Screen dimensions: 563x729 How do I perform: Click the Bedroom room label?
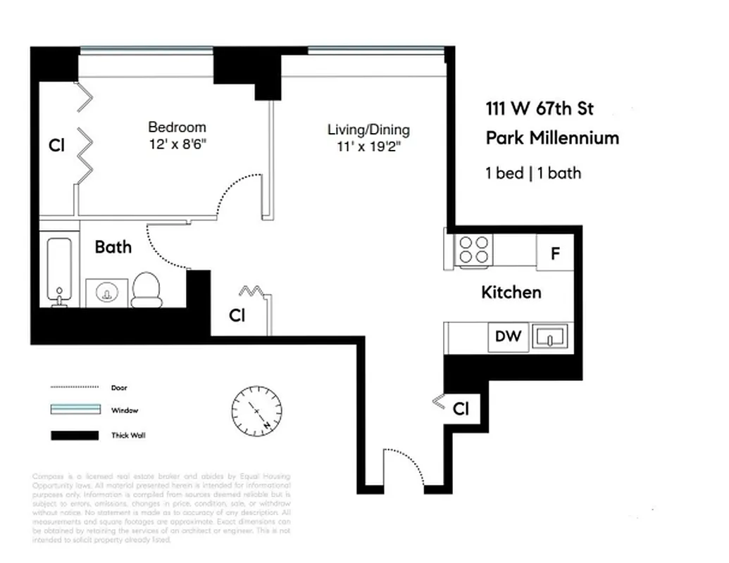coord(177,127)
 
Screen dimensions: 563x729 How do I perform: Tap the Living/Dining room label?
coord(368,129)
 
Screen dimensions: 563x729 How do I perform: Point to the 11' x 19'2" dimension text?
coord(369,147)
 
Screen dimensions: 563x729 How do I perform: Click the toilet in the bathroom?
coord(146,290)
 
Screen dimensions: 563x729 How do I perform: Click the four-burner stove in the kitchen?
coord(473,250)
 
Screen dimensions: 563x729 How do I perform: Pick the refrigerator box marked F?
coord(555,253)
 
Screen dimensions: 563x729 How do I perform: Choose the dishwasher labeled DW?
coord(508,336)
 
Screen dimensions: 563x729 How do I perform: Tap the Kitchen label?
coord(511,292)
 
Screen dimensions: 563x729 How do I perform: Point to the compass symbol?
coord(257,410)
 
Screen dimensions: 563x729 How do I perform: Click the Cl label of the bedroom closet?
coord(56,146)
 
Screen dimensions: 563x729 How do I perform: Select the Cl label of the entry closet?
coord(461,409)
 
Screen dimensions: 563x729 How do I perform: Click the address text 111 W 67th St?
coord(540,109)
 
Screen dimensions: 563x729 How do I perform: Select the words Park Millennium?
coord(552,138)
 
